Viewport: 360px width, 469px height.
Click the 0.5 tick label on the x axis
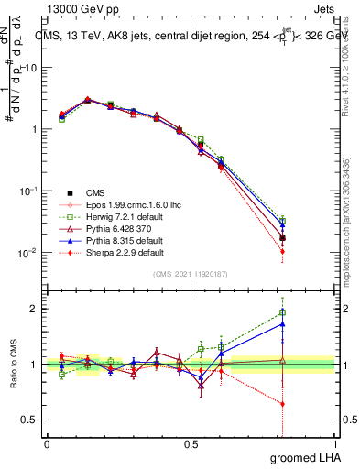[191, 444]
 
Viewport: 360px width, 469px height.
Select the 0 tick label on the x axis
[47, 444]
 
